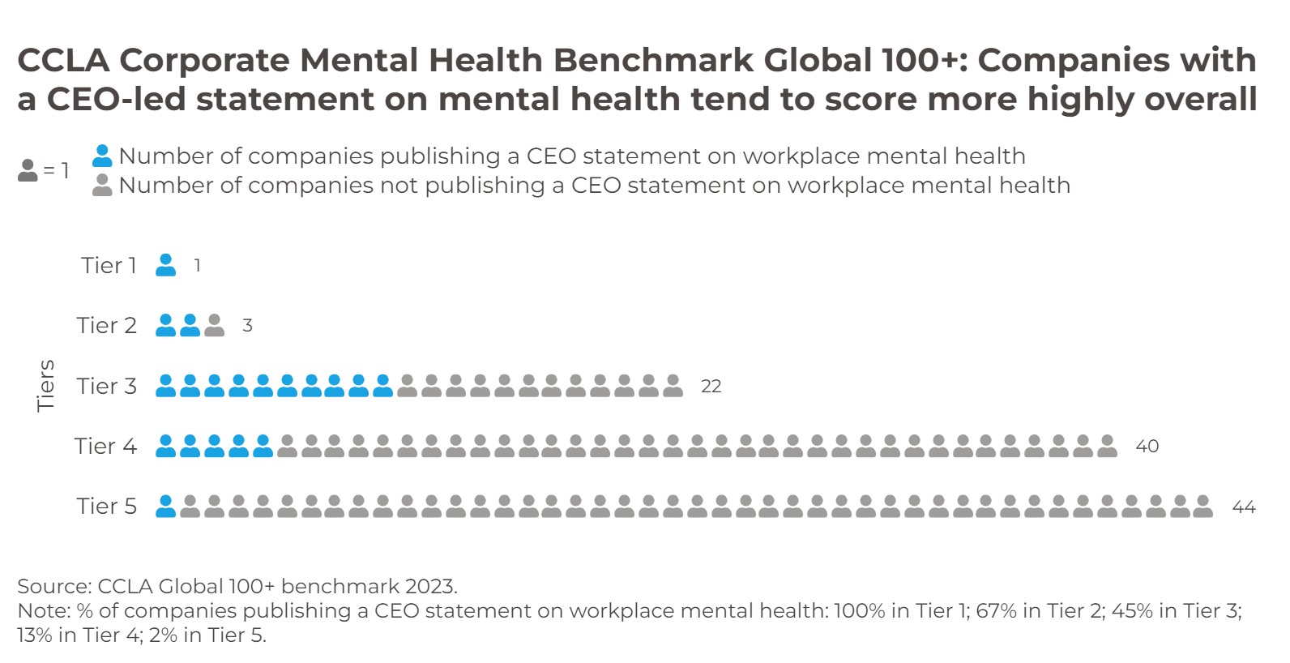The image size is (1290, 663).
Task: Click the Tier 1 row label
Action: [109, 265]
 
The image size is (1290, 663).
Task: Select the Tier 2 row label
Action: [106, 325]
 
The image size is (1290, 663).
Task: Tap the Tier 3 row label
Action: [106, 386]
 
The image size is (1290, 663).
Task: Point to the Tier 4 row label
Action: [105, 446]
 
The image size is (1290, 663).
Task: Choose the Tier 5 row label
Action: [106, 506]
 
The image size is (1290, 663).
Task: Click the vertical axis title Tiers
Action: [46, 386]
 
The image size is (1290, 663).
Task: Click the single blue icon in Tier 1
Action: [165, 265]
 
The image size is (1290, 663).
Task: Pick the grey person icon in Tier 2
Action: [214, 326]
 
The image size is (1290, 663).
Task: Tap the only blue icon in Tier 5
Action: [165, 507]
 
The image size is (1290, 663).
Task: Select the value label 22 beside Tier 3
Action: [711, 387]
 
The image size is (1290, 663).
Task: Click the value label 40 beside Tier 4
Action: [1147, 447]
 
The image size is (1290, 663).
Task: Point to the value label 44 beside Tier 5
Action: [1243, 507]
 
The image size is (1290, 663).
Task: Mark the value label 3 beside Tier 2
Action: [247, 326]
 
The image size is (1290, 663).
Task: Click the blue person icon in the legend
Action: [102, 156]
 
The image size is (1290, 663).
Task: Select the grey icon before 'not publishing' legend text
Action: [102, 186]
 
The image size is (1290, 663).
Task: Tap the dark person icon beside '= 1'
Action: [28, 170]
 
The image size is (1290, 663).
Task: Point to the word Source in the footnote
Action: [52, 586]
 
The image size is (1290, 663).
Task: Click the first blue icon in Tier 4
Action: [165, 446]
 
